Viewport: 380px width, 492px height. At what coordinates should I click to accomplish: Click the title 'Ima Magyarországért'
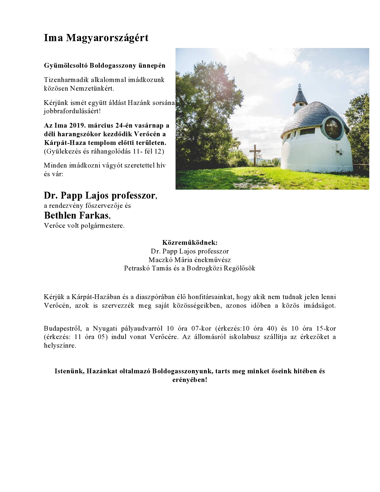tap(96, 38)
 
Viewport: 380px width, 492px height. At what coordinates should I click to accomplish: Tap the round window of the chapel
tap(333, 128)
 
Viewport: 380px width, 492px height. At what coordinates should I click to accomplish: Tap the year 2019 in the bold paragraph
tap(78, 126)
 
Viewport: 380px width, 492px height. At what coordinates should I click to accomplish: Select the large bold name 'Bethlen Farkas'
tap(77, 215)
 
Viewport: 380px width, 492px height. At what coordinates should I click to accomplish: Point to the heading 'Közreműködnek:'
tap(190, 242)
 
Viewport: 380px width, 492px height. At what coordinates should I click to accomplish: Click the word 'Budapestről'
tap(63, 329)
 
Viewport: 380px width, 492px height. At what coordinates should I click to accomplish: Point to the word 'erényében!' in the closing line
tap(190, 380)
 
